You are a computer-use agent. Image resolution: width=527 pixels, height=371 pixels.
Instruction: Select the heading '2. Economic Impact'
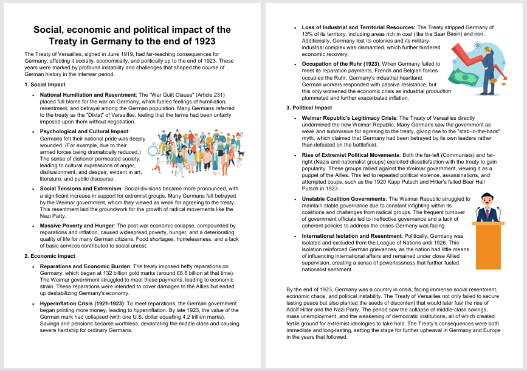click(50, 256)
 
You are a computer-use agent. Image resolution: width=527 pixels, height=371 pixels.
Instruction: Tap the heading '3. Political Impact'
click(309, 108)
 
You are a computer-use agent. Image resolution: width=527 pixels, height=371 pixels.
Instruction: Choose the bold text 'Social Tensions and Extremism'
click(80, 189)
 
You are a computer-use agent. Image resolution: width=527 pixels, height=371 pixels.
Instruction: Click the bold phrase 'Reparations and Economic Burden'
click(86, 266)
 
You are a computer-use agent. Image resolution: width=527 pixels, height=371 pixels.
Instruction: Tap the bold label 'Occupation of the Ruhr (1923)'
click(342, 64)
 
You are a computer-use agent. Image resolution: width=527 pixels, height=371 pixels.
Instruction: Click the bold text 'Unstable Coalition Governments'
click(343, 199)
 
